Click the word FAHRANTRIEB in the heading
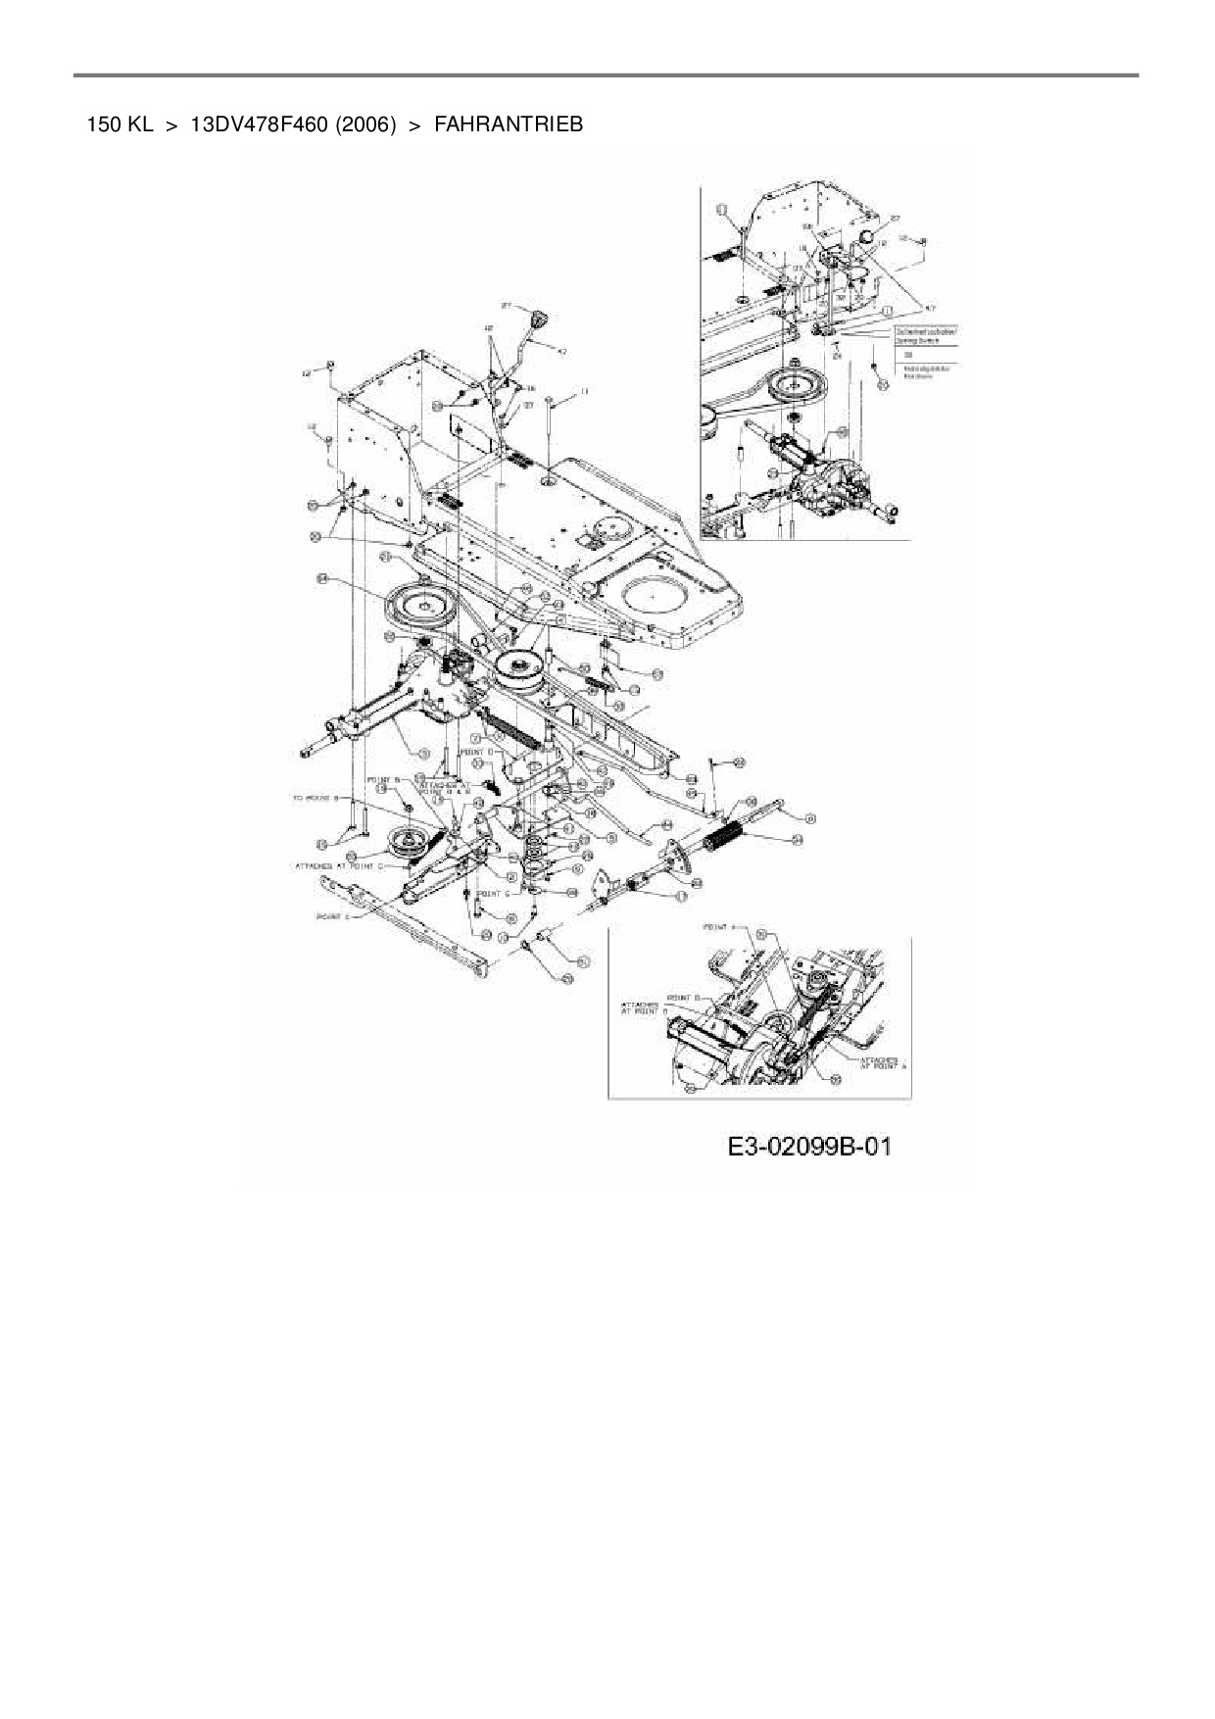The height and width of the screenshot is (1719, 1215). [508, 124]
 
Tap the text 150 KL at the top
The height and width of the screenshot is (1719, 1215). [120, 124]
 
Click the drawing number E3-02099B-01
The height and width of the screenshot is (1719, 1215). [810, 1147]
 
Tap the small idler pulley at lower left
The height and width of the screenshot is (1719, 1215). [406, 843]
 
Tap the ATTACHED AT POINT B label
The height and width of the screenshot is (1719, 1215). [640, 1007]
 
